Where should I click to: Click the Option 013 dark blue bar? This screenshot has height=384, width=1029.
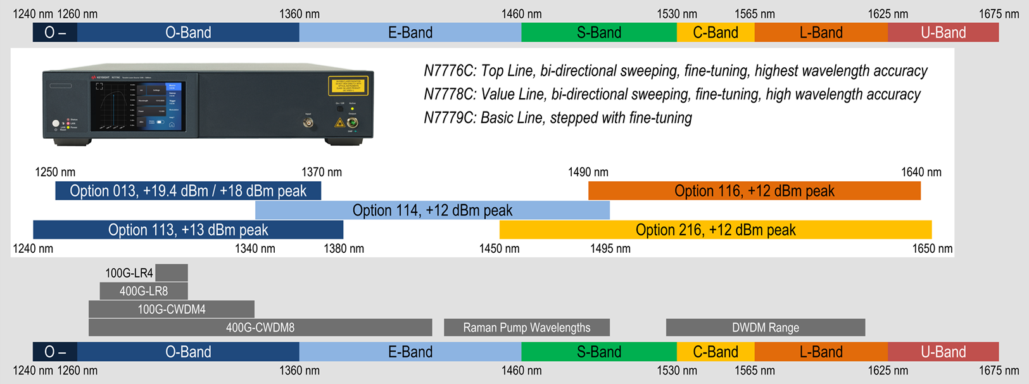[x=188, y=191]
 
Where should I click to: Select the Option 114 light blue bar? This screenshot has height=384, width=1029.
[x=432, y=210]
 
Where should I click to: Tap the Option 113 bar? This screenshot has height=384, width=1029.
[x=188, y=229]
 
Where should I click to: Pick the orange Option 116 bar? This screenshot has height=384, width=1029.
[x=754, y=191]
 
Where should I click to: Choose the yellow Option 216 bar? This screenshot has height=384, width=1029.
[x=716, y=229]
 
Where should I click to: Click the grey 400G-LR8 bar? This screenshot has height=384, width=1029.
[x=144, y=291]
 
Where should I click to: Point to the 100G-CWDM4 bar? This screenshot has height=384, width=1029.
[x=172, y=309]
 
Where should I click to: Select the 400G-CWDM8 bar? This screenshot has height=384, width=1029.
[x=260, y=328]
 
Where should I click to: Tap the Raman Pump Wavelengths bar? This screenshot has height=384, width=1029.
[x=527, y=328]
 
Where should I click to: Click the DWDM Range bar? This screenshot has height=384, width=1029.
[x=766, y=328]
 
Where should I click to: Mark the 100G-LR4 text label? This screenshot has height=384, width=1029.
[x=129, y=273]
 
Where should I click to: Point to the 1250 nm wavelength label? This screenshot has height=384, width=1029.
[x=55, y=172]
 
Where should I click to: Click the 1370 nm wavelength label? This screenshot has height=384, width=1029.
[x=322, y=172]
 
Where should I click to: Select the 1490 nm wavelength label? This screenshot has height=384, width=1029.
[x=588, y=172]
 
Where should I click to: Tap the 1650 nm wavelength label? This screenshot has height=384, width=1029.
[x=932, y=248]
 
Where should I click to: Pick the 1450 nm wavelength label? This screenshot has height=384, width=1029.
[x=499, y=248]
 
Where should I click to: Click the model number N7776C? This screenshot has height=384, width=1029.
[x=450, y=71]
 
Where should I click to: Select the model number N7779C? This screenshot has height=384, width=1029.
[x=450, y=118]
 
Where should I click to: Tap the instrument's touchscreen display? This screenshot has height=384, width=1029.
[x=138, y=106]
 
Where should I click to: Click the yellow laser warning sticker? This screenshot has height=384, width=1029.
[x=348, y=86]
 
